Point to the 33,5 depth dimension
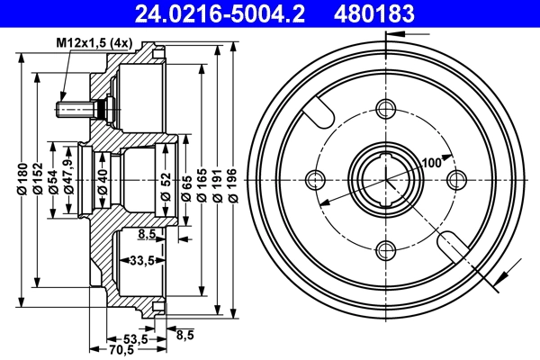point(139,262)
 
